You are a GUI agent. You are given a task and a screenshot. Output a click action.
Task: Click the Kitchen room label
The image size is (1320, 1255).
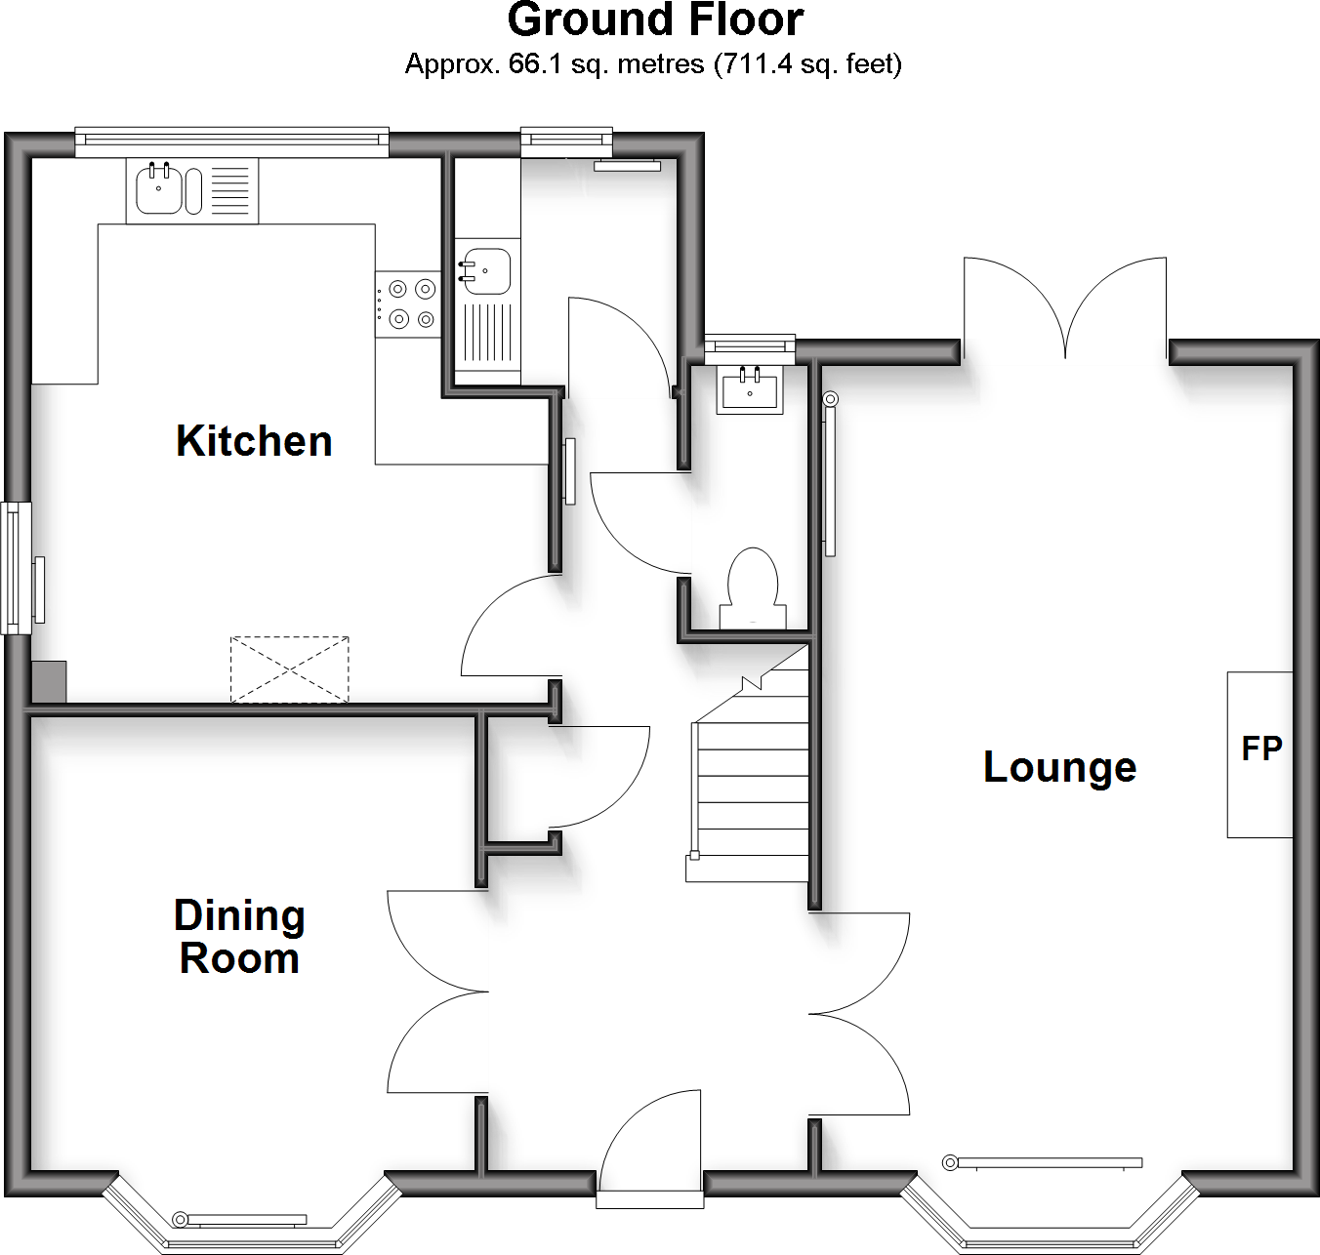click(x=254, y=441)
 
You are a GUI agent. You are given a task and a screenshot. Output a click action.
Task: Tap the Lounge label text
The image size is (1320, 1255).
click(x=1059, y=767)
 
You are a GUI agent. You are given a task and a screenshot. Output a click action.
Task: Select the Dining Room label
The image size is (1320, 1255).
click(x=239, y=937)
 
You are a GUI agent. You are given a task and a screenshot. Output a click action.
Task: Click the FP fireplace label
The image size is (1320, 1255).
click(x=1261, y=749)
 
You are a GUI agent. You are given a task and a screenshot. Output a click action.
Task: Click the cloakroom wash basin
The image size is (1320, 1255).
click(x=750, y=389)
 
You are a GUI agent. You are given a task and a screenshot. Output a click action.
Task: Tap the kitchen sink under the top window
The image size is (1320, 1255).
click(x=158, y=189)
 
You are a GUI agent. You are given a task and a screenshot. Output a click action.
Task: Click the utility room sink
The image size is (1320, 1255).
click(x=486, y=270)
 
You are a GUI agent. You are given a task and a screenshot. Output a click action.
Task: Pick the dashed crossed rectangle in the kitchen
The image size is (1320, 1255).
click(x=289, y=669)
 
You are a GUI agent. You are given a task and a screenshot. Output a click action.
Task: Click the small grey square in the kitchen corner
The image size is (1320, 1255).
click(x=49, y=681)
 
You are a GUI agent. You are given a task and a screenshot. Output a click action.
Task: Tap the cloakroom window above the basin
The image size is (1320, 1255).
click(x=750, y=344)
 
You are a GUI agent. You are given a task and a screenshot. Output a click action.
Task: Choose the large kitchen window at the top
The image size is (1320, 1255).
click(x=231, y=142)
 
